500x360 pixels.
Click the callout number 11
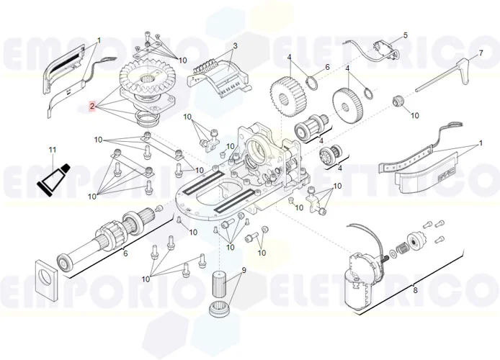tap(52, 150)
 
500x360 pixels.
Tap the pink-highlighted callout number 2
tap(92, 106)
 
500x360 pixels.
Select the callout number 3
tap(235, 46)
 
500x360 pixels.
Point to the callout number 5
tap(405, 35)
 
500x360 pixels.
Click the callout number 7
tap(481, 53)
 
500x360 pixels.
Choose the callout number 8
tap(414, 290)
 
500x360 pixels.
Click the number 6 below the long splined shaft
tap(125, 253)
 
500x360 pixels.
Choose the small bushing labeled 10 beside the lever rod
tap(396, 100)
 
